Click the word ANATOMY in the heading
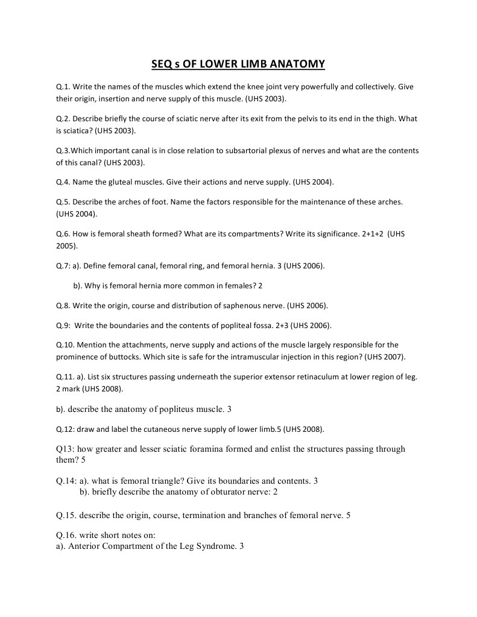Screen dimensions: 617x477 (x=297, y=64)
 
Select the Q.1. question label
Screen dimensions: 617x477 (x=63, y=87)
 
